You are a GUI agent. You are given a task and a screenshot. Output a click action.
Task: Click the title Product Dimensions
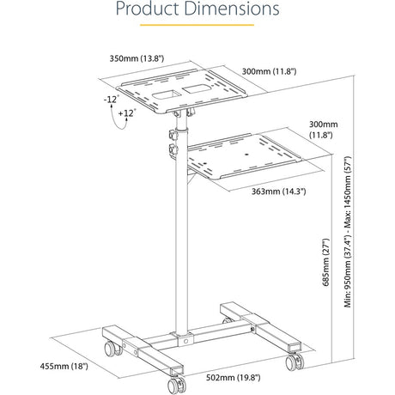point(197,11)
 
